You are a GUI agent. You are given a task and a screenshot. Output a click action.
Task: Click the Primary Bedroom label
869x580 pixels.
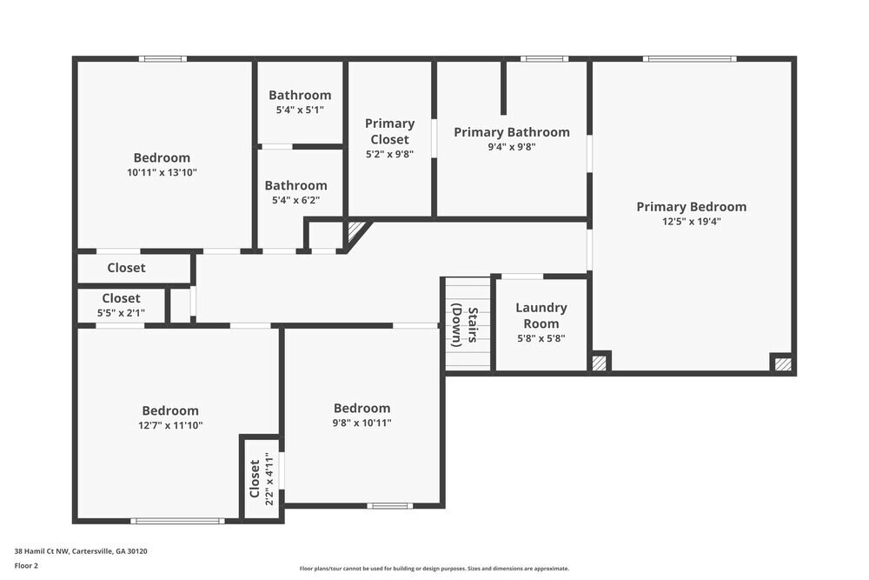click(x=691, y=207)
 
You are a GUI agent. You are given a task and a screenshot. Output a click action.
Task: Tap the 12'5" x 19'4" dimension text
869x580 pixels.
click(x=691, y=221)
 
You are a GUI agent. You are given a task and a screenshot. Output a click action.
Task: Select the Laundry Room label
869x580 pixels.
click(x=541, y=316)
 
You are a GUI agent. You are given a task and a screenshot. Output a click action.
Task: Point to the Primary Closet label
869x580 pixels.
click(x=389, y=131)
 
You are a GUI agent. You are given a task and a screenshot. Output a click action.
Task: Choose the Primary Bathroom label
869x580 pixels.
click(x=512, y=132)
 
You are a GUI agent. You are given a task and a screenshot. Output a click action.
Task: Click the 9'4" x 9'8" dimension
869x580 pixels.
click(x=512, y=147)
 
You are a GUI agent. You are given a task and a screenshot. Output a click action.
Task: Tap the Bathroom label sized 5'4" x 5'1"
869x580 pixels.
click(x=299, y=96)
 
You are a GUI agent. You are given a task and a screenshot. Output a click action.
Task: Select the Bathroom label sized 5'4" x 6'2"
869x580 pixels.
click(x=295, y=185)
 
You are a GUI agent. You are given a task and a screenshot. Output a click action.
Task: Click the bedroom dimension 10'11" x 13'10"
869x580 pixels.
click(x=162, y=172)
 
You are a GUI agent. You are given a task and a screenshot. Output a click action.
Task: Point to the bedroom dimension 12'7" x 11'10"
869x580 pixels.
click(x=170, y=425)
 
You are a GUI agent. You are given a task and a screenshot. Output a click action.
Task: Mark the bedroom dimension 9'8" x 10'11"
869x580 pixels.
click(x=362, y=423)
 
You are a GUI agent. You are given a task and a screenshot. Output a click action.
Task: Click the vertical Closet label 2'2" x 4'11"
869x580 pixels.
click(x=255, y=478)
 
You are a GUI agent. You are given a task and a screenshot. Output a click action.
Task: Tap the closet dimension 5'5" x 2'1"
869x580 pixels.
click(x=121, y=312)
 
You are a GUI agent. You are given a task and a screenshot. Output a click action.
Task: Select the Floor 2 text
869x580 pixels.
click(x=26, y=565)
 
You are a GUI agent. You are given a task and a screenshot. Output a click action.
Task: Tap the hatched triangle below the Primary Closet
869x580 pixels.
click(x=355, y=231)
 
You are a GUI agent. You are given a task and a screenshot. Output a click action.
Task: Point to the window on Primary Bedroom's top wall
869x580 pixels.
click(x=689, y=59)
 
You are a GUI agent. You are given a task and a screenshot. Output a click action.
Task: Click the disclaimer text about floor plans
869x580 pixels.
click(x=434, y=569)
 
